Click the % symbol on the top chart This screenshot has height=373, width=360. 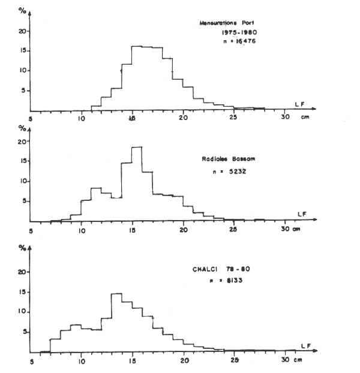(x=23, y=11)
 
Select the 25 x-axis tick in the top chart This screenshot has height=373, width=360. (x=233, y=118)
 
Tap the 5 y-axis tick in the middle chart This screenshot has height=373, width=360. (x=23, y=201)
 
